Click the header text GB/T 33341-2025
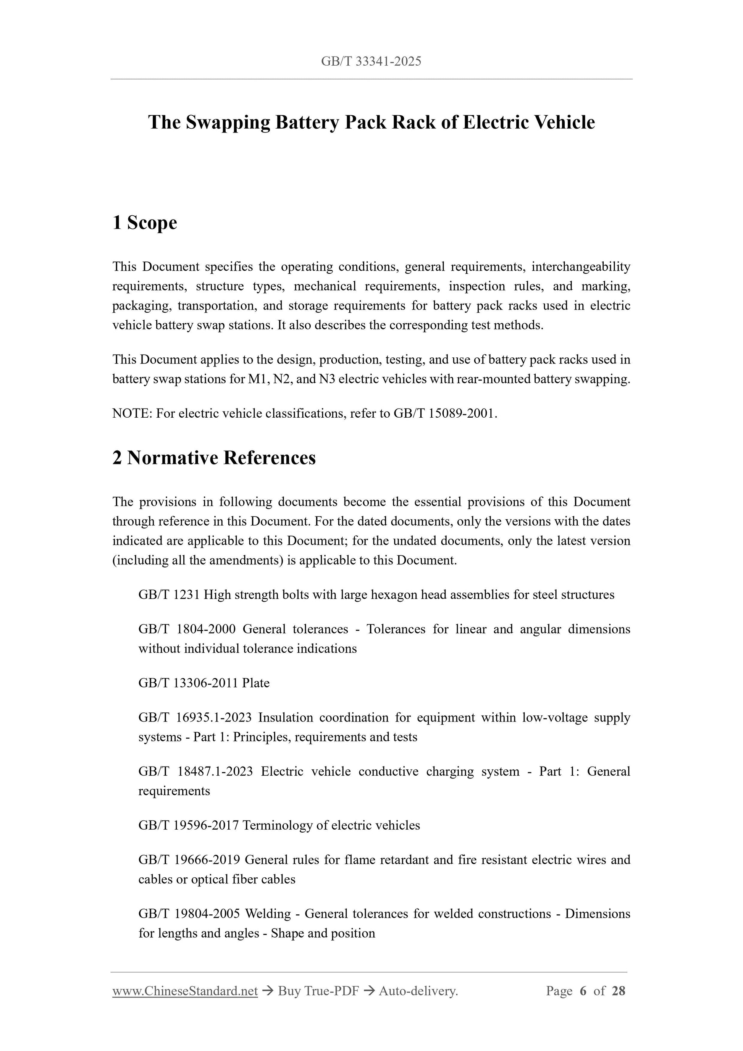coord(371,61)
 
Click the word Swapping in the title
coord(227,123)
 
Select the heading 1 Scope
coord(145,223)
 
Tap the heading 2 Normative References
coord(214,458)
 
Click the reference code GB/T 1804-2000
coord(187,629)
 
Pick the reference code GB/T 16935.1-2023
coord(195,717)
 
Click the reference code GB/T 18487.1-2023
coord(195,771)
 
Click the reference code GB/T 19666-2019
coord(189,860)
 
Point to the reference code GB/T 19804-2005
coord(189,914)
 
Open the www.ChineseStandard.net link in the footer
coord(185,991)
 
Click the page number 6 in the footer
coord(583,991)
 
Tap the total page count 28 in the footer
coord(618,991)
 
